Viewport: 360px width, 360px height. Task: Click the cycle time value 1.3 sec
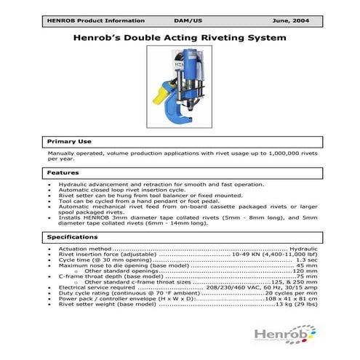tap(306, 260)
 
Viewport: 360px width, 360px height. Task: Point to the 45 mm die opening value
tap(306, 265)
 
